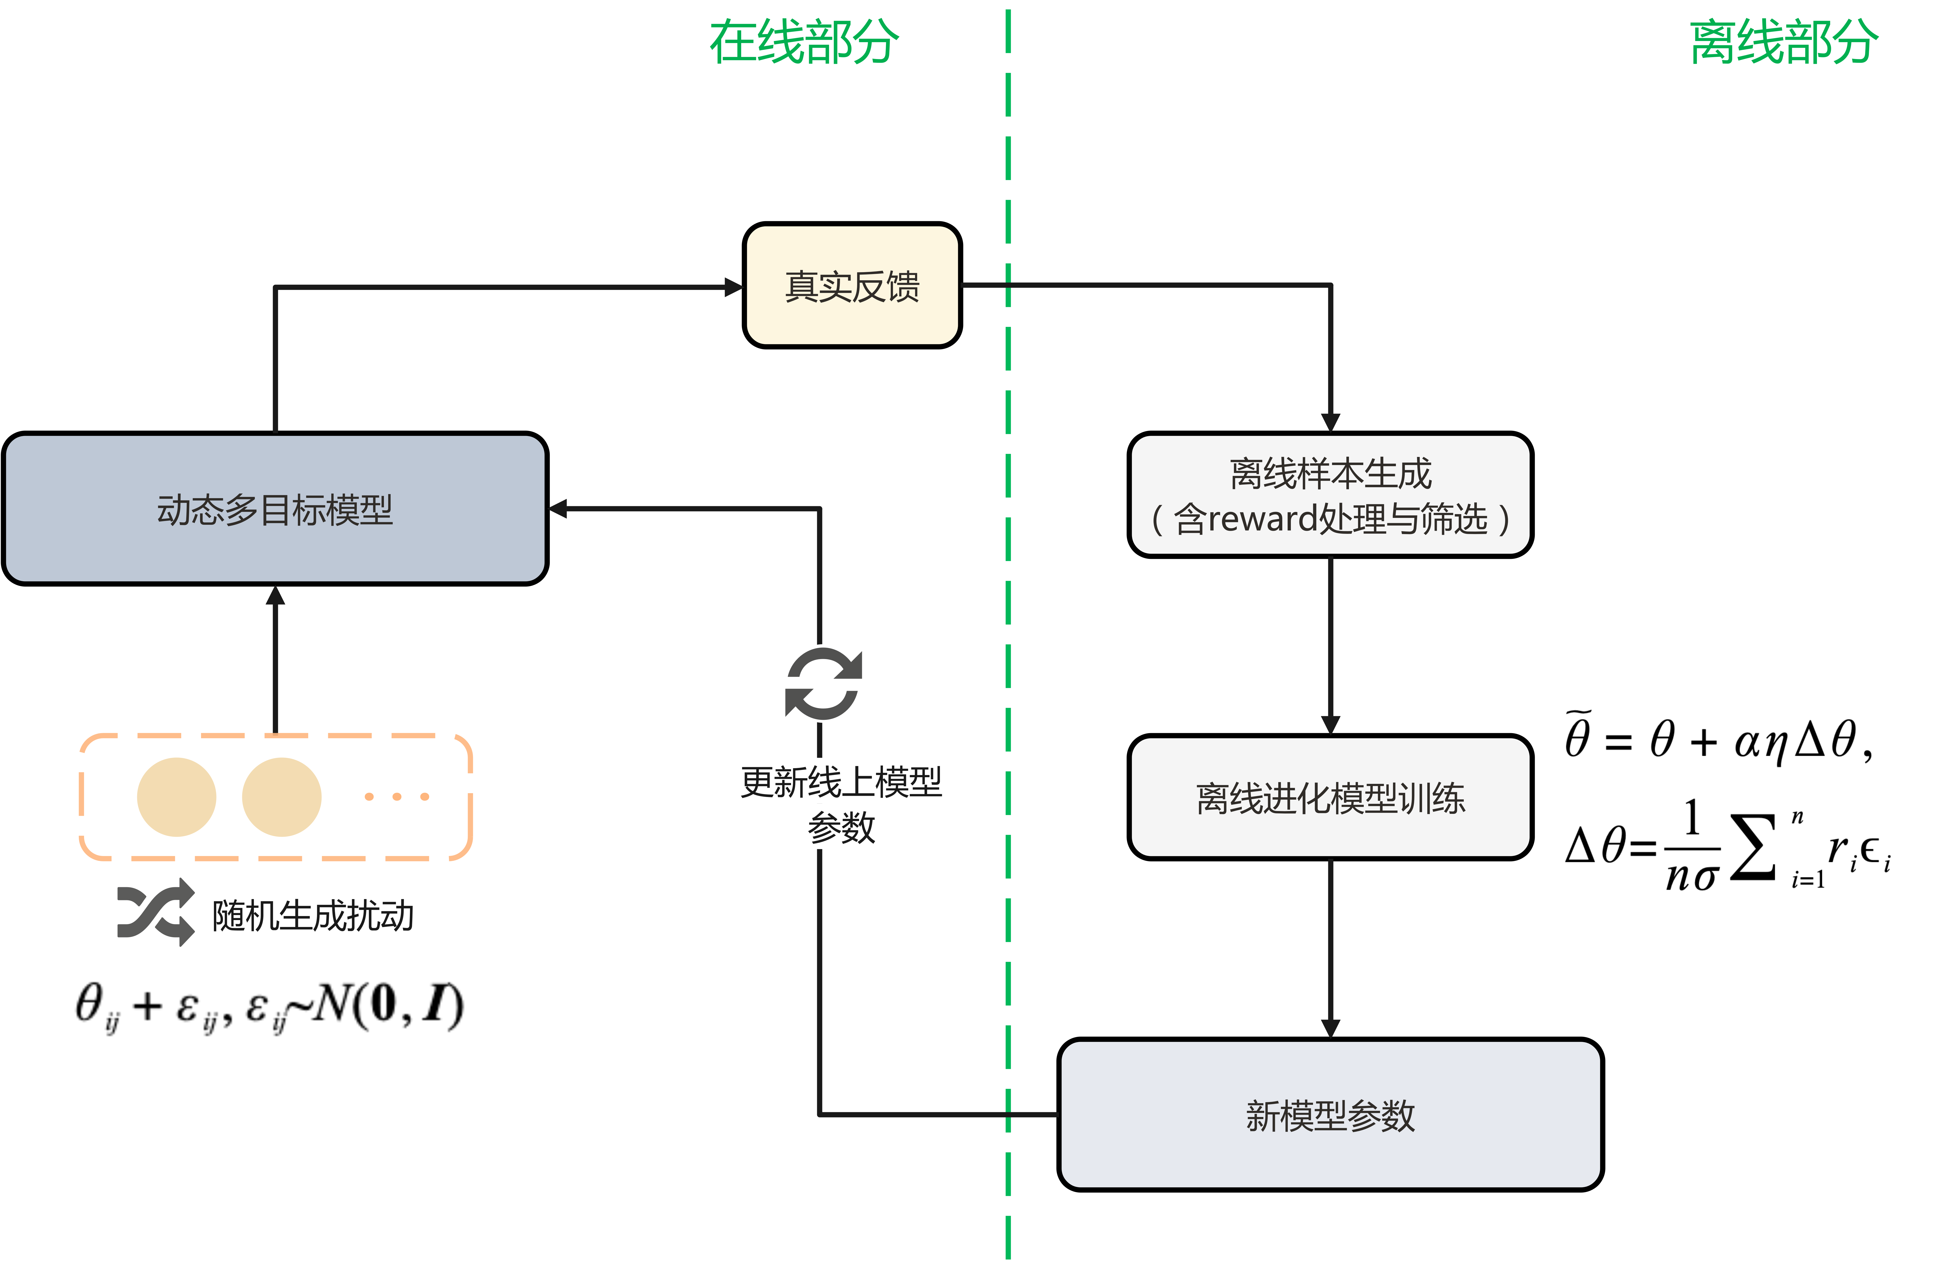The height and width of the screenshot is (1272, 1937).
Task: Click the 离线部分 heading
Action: pos(1784,42)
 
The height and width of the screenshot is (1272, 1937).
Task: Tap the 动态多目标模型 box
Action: pos(275,509)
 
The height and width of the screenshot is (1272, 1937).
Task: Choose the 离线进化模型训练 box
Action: pos(1330,797)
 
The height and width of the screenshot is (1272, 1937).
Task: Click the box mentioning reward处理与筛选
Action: pos(1330,495)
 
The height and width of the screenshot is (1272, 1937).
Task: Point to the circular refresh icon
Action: pos(823,684)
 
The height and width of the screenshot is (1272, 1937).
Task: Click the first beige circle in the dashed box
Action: pos(177,797)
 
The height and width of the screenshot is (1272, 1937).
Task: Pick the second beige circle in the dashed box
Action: pos(282,797)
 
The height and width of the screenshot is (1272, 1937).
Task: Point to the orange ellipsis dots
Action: pos(396,797)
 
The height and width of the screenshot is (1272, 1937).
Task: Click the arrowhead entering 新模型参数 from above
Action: pos(1330,1029)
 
